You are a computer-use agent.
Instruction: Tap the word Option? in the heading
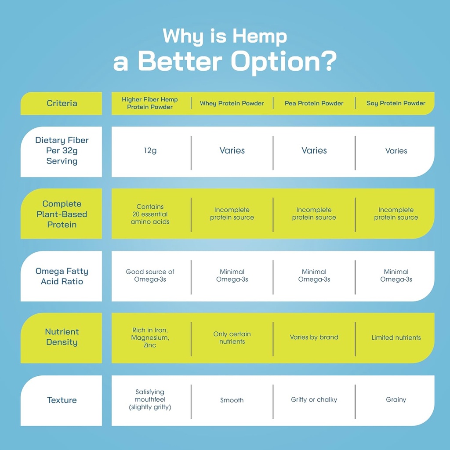point(284,62)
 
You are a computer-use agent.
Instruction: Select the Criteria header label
point(62,103)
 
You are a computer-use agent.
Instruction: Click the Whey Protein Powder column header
point(232,103)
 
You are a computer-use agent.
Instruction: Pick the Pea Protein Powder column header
point(314,103)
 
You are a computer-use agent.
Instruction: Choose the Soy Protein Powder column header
point(396,103)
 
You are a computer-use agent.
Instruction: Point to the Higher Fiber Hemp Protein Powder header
point(150,103)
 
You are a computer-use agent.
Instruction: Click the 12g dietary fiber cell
point(150,151)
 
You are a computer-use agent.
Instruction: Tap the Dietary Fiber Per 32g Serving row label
point(62,151)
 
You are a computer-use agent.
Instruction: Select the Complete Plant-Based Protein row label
point(62,214)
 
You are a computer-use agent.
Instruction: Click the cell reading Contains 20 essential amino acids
point(150,214)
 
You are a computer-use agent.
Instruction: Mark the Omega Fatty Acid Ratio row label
point(62,276)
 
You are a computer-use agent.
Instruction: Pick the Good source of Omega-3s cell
point(150,276)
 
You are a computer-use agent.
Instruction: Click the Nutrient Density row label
point(62,337)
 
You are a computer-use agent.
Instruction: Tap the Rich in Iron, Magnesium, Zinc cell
point(150,337)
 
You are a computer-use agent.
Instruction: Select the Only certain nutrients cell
point(232,337)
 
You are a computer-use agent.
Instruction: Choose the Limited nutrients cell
point(396,337)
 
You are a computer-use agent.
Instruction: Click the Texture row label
point(62,400)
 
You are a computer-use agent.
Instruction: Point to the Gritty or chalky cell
point(314,399)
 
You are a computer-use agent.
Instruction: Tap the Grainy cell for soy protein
point(396,399)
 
